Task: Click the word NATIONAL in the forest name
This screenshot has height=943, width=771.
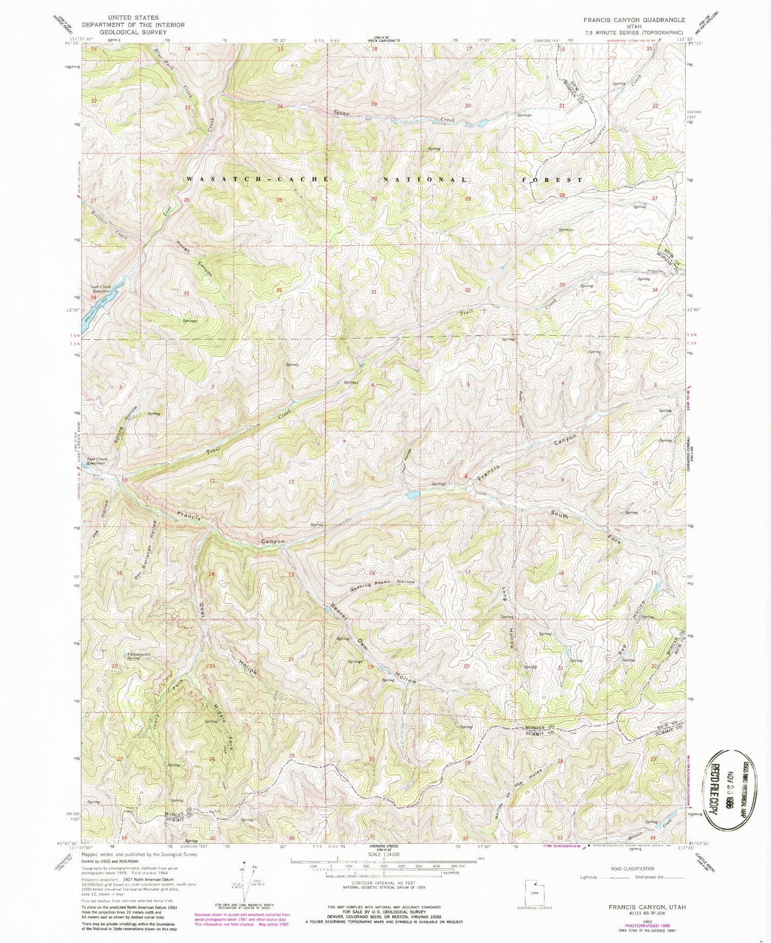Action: [x=425, y=179]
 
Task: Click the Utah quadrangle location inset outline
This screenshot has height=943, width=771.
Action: [x=534, y=892]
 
